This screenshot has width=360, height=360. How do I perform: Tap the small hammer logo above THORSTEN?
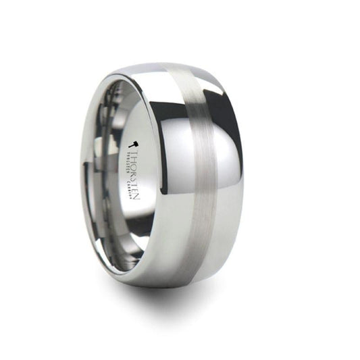tap(134, 144)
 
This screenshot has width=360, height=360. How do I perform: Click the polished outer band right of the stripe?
tap(226, 203)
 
